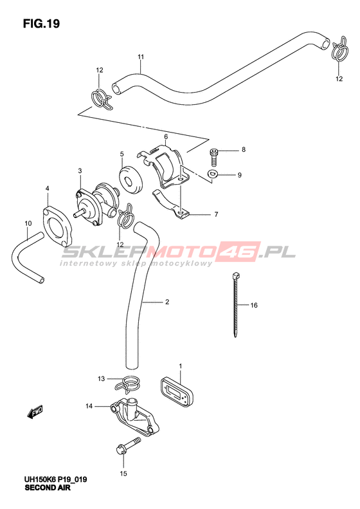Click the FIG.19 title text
coord(41,24)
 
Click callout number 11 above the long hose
coord(140,57)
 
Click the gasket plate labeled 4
coord(57,227)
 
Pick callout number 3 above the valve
coord(80,171)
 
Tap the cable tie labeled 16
coord(236,305)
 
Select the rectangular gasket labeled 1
coord(176,391)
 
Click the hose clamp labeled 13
coord(127,382)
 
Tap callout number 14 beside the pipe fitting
coord(89,406)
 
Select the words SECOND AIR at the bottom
coord(48,488)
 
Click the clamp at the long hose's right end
coord(339,50)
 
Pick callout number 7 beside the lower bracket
coord(217,214)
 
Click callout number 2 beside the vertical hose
coord(167,302)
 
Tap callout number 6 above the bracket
coord(166,136)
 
